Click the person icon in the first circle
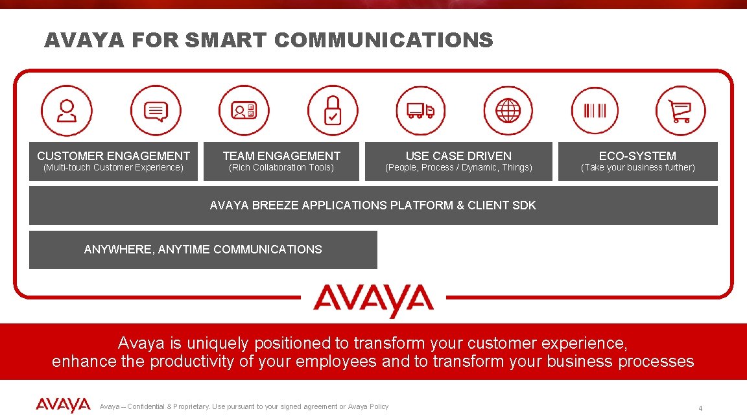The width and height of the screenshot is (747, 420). [x=67, y=111]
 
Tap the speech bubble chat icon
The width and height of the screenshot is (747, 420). [x=155, y=111]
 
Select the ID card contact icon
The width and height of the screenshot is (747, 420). [x=244, y=111]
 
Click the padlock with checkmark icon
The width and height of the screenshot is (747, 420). [x=332, y=111]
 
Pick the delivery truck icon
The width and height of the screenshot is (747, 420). [x=420, y=111]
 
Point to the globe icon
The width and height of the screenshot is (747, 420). [x=508, y=111]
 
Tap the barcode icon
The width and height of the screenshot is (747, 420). [x=595, y=111]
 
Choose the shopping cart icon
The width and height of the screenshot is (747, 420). [x=680, y=111]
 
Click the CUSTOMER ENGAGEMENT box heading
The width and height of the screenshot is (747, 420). [x=113, y=156]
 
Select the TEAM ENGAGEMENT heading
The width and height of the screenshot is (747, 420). [x=281, y=156]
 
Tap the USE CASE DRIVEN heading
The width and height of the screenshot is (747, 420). [x=458, y=156]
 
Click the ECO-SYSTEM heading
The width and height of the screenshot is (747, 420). [x=637, y=156]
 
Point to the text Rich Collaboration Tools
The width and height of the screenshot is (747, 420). [x=281, y=168]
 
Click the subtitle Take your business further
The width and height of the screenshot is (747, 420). [x=637, y=168]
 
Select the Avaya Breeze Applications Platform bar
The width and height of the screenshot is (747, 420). [x=373, y=205]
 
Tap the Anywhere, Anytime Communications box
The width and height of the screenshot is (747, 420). [x=203, y=250]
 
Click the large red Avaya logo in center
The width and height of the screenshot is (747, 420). [x=373, y=300]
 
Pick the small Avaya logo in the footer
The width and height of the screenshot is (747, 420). [x=63, y=406]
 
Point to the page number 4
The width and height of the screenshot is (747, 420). [x=700, y=408]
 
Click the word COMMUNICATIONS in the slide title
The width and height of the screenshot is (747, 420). [x=383, y=40]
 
